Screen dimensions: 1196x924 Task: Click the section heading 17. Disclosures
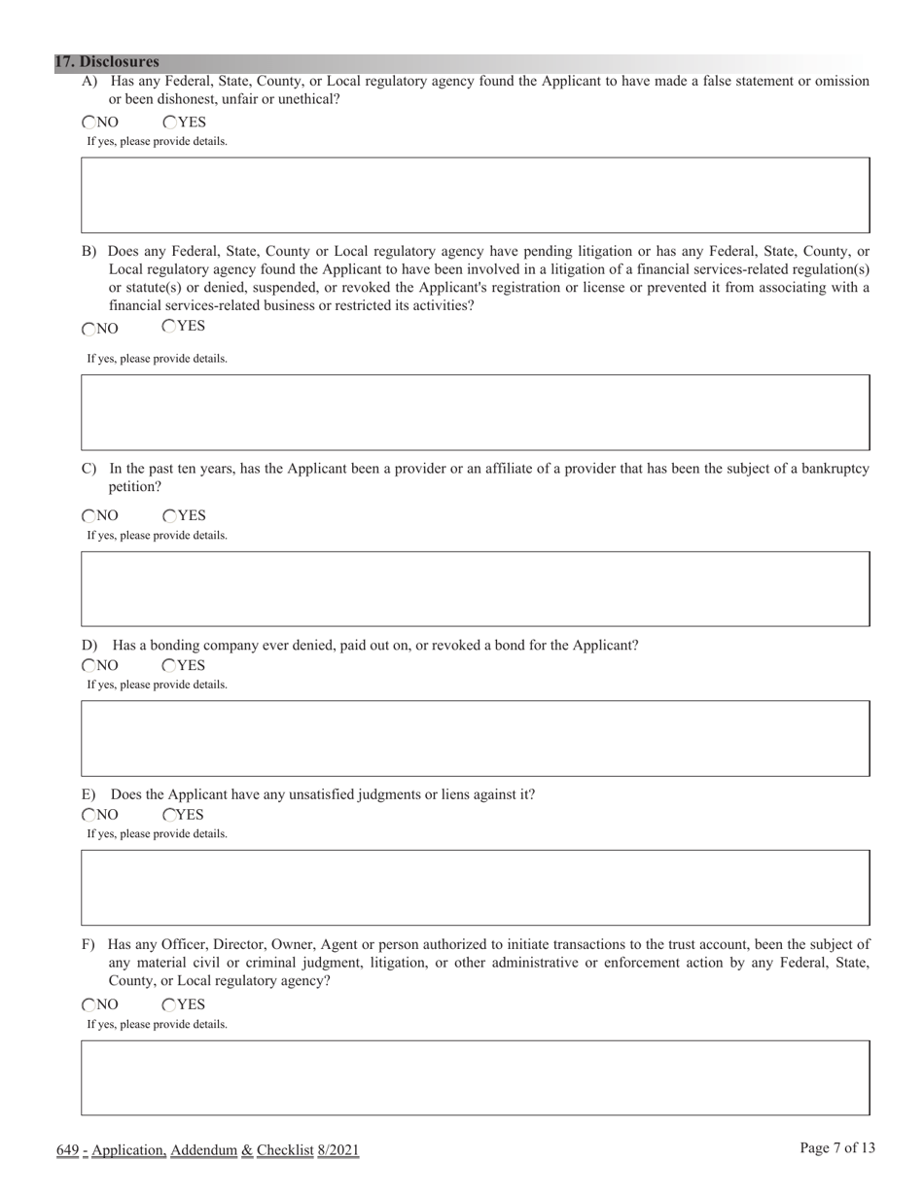point(107,61)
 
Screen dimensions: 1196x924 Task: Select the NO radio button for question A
point(89,123)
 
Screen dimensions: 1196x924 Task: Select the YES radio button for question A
point(169,123)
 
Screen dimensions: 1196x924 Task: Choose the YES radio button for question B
point(169,327)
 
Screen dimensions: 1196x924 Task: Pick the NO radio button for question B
point(89,330)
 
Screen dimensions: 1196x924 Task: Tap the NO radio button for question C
point(89,516)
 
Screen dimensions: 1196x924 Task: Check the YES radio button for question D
point(169,666)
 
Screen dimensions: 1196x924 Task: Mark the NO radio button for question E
point(89,815)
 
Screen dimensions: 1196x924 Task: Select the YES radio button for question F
point(169,1005)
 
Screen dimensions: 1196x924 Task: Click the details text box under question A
point(475,195)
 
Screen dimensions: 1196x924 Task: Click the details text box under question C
point(475,588)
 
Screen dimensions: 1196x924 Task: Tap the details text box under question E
point(475,887)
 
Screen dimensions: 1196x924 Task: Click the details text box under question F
point(475,1077)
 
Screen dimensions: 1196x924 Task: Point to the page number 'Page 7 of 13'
point(837,1148)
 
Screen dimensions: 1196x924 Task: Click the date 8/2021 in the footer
point(338,1151)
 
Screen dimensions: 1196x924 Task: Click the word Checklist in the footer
point(285,1151)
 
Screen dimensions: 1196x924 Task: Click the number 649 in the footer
point(67,1151)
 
